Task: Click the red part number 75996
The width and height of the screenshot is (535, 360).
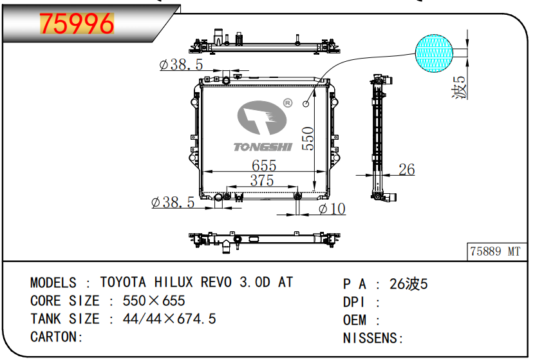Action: click(x=77, y=24)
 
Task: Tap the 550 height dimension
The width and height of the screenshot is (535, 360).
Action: click(x=308, y=138)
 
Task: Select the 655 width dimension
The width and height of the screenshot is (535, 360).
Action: click(x=264, y=166)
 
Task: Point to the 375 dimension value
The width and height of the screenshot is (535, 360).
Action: click(x=262, y=180)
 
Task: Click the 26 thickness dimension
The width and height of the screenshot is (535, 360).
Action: click(x=407, y=169)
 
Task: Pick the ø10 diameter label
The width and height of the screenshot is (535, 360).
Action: click(x=332, y=209)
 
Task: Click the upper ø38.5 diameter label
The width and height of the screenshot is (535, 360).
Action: click(x=181, y=64)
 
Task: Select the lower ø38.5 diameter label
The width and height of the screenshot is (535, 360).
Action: click(x=173, y=202)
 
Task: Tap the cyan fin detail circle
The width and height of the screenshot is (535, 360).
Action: click(x=435, y=53)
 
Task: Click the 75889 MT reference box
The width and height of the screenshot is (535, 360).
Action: click(x=496, y=252)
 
